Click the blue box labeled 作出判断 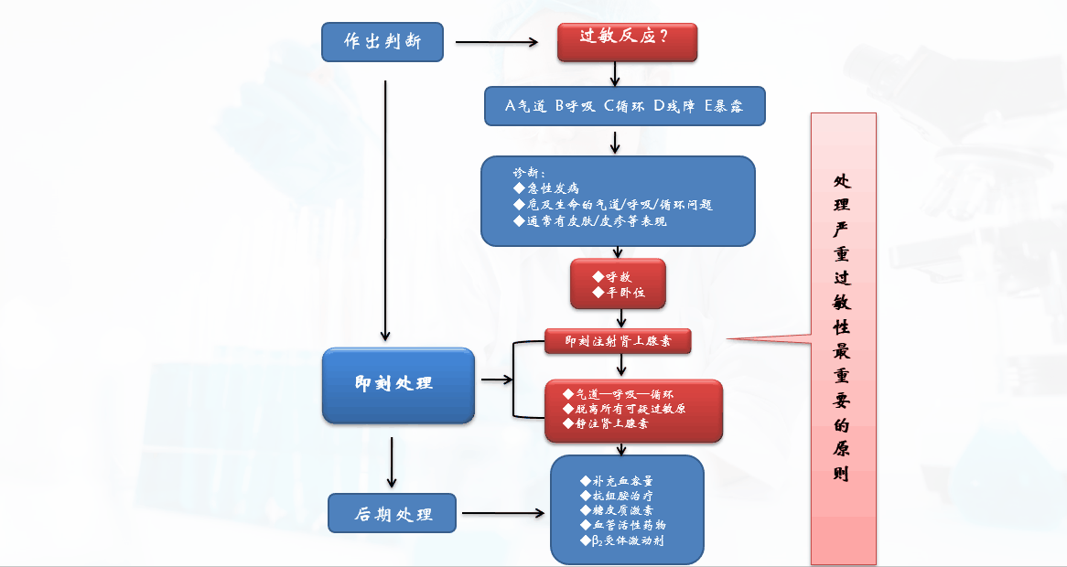coord(383,42)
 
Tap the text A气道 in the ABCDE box coord(528,106)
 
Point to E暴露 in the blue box coord(723,106)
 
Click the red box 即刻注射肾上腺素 coord(618,341)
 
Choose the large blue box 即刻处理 coord(398,384)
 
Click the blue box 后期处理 coord(393,514)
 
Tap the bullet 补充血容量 coord(617,481)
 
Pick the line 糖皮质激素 coord(617,510)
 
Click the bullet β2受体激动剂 coord(622,540)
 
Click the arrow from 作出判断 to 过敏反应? coord(495,42)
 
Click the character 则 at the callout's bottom coord(842,475)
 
